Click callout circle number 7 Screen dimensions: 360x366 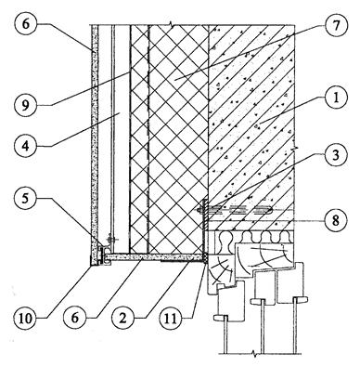336,25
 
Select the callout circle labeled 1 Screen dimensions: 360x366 336,98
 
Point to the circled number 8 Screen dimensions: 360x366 336,220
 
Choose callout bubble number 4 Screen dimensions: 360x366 26,145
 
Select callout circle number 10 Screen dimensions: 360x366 26,318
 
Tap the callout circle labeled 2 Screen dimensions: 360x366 122,318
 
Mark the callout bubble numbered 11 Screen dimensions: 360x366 171,318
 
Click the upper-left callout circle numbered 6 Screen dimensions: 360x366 26,24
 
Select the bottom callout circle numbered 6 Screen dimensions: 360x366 74,318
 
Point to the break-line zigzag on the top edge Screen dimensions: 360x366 171,24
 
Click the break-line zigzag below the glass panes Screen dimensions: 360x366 254,354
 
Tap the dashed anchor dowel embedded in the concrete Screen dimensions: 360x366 235,211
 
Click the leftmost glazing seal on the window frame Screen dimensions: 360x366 220,317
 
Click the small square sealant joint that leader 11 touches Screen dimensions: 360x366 205,258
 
